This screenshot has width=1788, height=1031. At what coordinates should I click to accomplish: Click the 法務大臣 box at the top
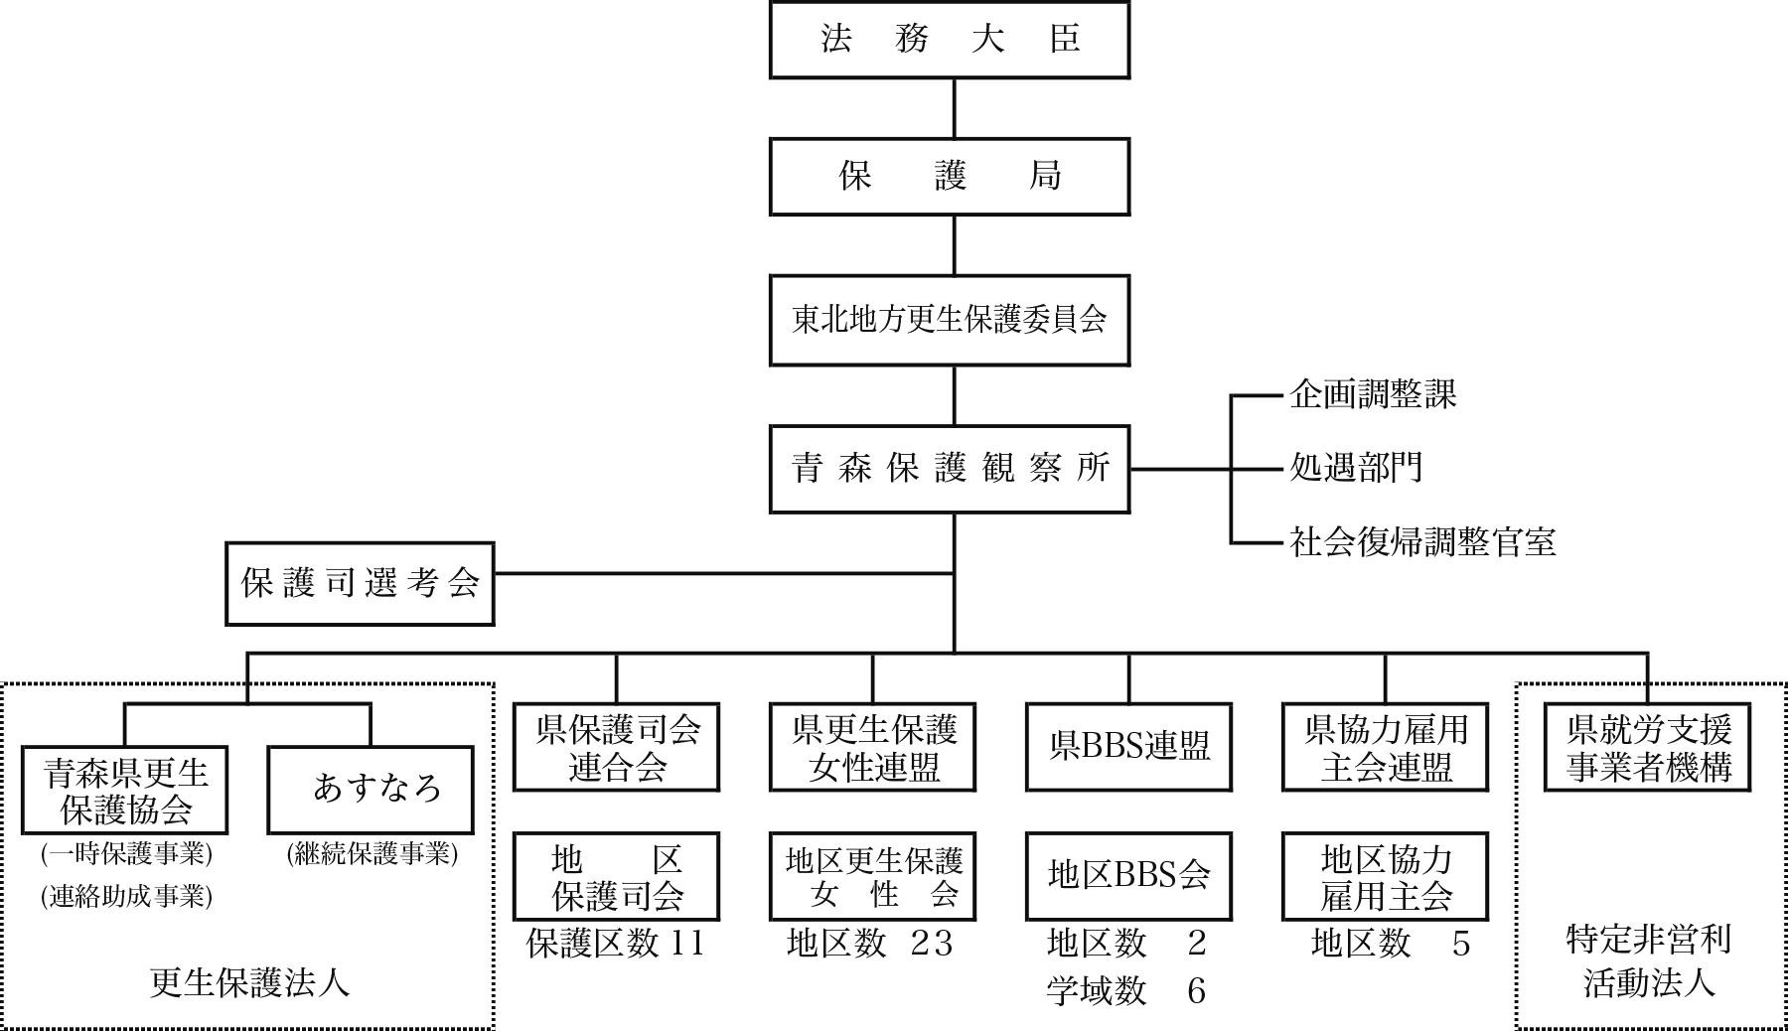[x=949, y=41]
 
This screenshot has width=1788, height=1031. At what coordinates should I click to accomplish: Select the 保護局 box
[x=949, y=177]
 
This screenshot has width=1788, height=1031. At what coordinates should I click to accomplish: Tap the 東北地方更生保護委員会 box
[x=949, y=320]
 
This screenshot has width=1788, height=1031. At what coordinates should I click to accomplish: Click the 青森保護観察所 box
[x=949, y=469]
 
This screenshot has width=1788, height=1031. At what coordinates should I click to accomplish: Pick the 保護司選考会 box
[x=360, y=583]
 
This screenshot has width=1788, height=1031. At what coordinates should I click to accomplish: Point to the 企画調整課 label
[x=1373, y=395]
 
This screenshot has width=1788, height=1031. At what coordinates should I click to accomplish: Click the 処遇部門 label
[x=1356, y=467]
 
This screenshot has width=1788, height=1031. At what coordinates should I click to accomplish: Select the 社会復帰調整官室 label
[x=1422, y=542]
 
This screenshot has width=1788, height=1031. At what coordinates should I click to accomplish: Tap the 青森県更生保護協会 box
[x=125, y=791]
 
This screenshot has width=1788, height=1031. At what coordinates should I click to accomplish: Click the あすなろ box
[x=371, y=791]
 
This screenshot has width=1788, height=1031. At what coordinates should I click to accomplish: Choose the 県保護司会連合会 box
[x=616, y=747]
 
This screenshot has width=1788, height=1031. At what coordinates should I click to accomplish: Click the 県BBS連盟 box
[x=1128, y=747]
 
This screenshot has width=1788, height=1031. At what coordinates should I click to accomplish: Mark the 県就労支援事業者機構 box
[x=1647, y=747]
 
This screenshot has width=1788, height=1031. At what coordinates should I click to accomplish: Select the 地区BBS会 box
[x=1128, y=875]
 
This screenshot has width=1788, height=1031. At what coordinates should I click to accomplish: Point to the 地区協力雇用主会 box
[x=1385, y=875]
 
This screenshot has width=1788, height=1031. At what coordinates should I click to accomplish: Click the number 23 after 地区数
[x=932, y=943]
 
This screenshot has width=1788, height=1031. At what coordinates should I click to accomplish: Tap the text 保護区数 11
[x=616, y=943]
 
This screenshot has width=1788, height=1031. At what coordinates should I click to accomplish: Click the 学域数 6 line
[x=1126, y=990]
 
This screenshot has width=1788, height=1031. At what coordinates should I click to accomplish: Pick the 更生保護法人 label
[x=249, y=982]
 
